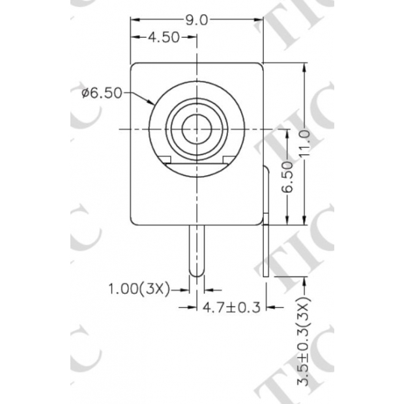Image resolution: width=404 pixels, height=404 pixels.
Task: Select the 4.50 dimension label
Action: point(163,37)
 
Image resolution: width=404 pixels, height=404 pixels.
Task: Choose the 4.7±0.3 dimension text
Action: point(232,306)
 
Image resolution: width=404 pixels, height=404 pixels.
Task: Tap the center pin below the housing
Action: point(196,248)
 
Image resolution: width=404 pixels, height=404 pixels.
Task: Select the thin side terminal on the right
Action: point(267,222)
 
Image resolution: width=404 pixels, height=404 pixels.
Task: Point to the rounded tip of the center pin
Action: point(196,272)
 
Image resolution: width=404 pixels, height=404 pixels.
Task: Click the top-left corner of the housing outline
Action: point(133,64)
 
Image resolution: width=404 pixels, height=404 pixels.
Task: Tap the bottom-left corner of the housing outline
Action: point(133,222)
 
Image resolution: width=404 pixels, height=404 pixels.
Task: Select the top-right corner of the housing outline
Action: point(261,64)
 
